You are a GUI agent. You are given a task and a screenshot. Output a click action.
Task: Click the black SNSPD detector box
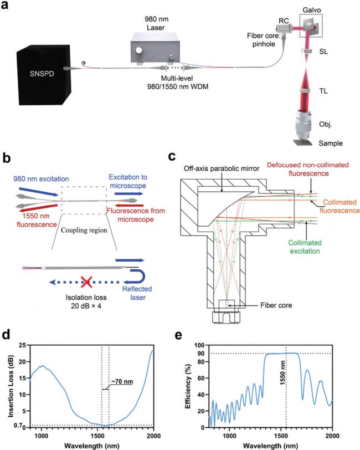(43, 75)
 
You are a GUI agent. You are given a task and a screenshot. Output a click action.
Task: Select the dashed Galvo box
(311, 26)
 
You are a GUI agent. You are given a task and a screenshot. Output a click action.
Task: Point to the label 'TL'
(323, 91)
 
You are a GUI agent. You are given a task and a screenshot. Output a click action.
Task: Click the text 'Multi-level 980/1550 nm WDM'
(177, 82)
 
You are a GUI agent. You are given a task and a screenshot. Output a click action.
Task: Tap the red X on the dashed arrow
(86, 282)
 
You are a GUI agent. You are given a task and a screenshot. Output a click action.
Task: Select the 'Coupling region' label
(84, 230)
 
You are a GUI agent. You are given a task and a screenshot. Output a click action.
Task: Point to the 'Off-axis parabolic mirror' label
(222, 168)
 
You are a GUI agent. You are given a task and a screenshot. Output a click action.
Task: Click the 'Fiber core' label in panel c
(276, 305)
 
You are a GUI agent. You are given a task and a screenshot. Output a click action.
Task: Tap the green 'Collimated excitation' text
(305, 247)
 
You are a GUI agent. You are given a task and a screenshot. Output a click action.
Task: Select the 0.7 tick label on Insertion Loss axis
(18, 425)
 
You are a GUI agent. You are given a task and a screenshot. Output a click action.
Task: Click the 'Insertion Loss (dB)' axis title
(11, 386)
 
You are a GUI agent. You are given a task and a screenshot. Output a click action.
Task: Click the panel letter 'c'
(172, 157)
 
